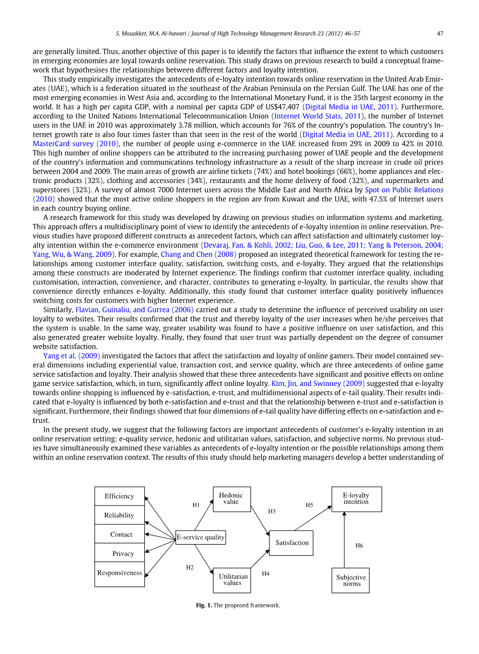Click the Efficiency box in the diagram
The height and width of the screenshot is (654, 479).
(119, 496)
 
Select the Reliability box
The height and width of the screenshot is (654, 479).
(119, 515)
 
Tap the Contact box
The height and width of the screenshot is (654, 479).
(121, 534)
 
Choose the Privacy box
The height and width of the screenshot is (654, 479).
(123, 554)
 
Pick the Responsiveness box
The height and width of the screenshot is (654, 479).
(119, 573)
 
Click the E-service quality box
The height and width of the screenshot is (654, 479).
(200, 537)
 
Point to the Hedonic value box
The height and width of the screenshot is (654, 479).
(231, 499)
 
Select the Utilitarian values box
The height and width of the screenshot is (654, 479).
(232, 580)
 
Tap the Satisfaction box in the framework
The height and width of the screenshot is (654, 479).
(292, 543)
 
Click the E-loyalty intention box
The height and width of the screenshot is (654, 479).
(356, 499)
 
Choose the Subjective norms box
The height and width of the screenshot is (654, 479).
(351, 580)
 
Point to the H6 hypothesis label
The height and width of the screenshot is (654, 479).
(359, 546)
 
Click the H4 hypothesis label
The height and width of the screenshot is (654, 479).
(266, 574)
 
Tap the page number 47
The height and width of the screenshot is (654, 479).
(440, 32)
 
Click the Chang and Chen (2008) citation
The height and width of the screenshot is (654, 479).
(198, 254)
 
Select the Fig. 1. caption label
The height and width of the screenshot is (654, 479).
(204, 605)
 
